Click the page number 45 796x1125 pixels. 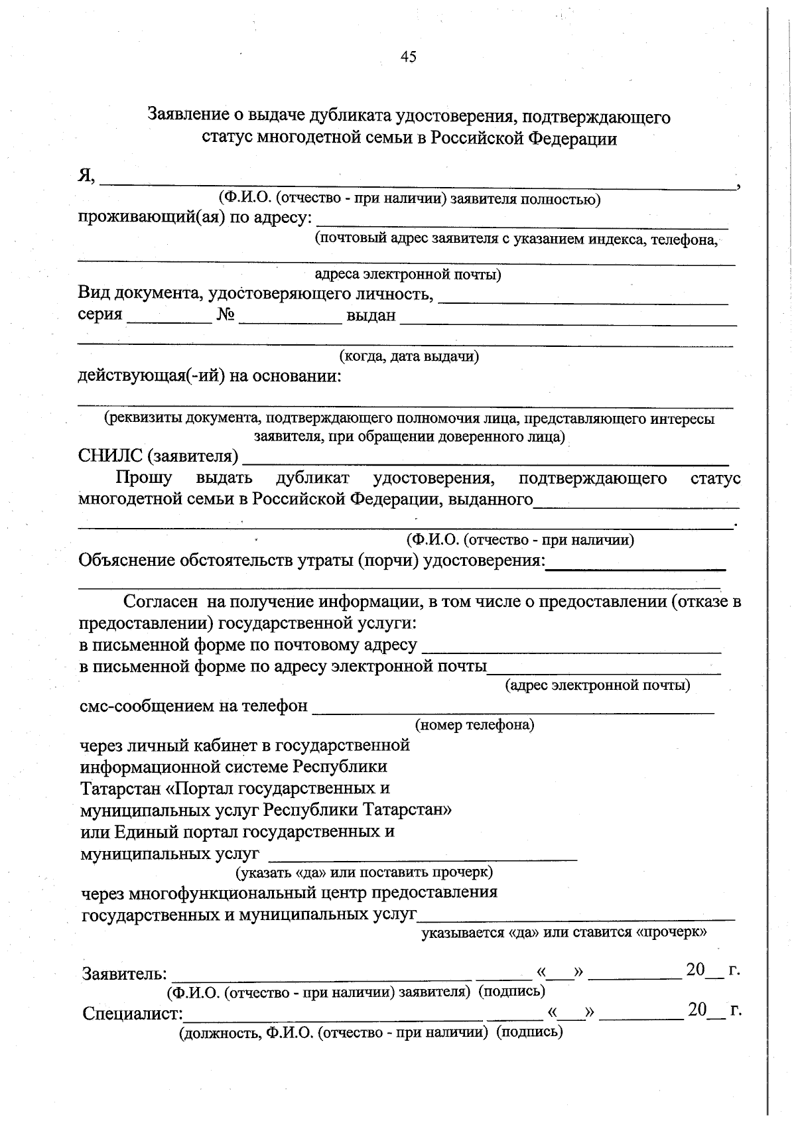click(x=409, y=57)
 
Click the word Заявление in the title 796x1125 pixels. click(x=186, y=117)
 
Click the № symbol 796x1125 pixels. click(x=226, y=314)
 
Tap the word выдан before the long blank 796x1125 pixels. click(x=371, y=315)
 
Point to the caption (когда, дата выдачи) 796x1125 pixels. click(x=409, y=356)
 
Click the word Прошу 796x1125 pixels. click(x=144, y=478)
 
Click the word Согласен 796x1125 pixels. click(x=161, y=602)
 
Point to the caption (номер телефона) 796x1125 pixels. click(x=474, y=724)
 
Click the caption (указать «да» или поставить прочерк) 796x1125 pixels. click(x=364, y=871)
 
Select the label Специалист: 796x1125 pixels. click(x=133, y=1014)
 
